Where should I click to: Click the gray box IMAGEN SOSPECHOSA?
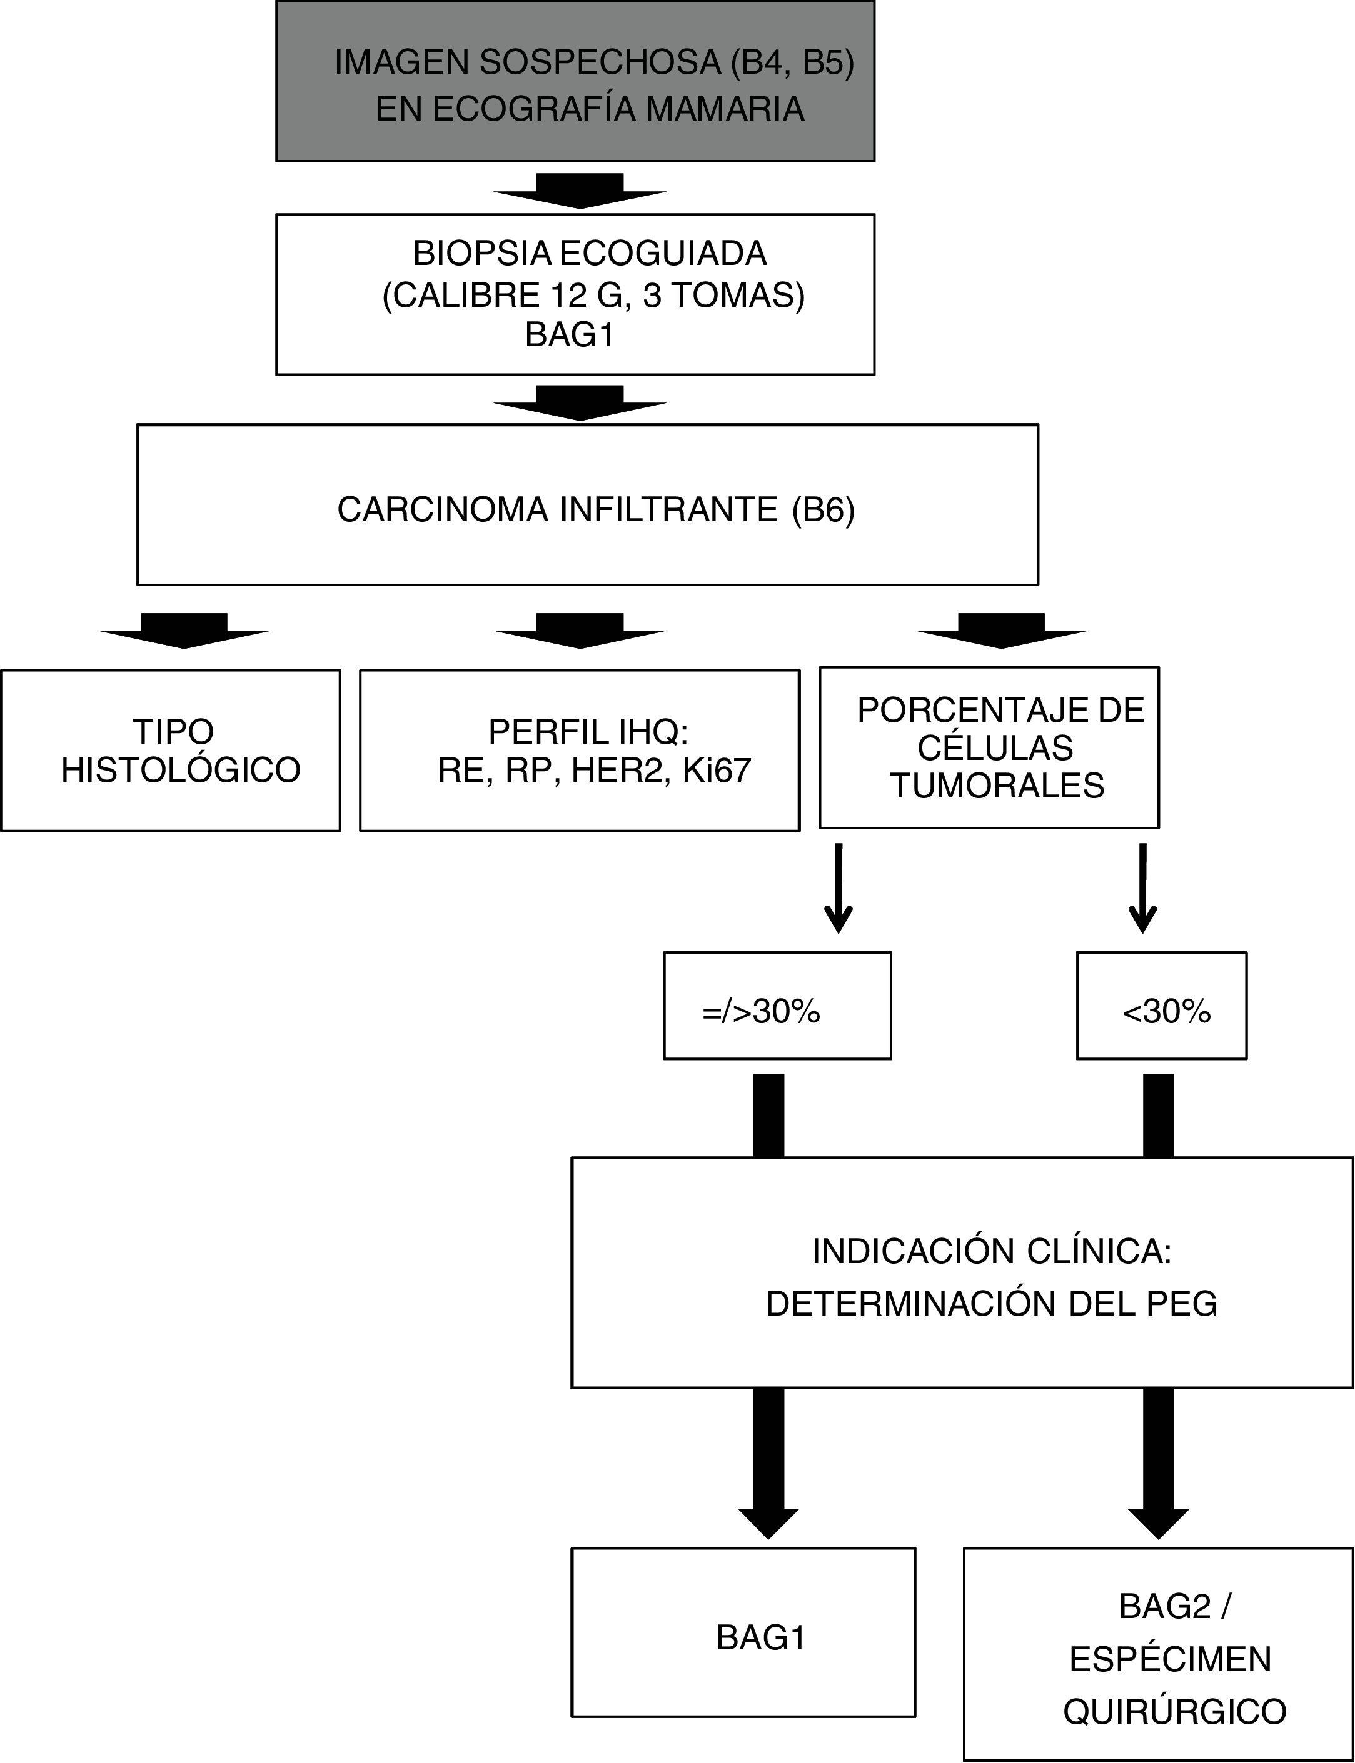click(575, 81)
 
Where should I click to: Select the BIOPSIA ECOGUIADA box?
click(575, 294)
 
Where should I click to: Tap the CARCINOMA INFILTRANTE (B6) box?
click(587, 504)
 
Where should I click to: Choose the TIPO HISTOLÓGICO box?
click(170, 751)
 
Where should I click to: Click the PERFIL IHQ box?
click(579, 751)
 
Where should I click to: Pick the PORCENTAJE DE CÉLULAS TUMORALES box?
click(989, 747)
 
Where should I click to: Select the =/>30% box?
click(777, 1005)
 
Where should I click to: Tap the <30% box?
click(1161, 1005)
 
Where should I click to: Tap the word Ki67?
click(716, 771)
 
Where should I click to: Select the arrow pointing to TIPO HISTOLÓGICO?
click(184, 631)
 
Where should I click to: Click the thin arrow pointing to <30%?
click(1143, 887)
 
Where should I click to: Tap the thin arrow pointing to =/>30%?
click(839, 887)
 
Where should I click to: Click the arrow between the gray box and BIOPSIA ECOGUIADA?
click(580, 190)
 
